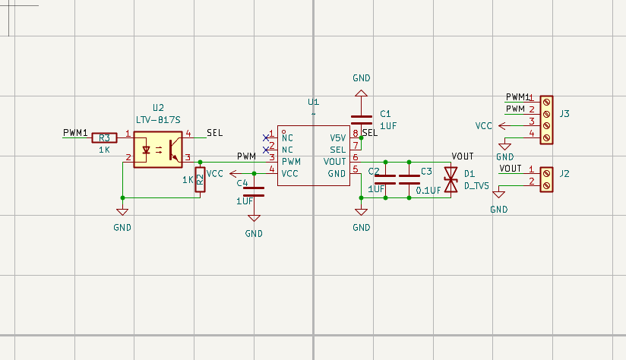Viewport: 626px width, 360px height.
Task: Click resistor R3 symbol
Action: coord(104,137)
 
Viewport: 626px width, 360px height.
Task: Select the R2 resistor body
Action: coord(200,181)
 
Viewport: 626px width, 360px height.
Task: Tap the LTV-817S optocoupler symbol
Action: coord(158,149)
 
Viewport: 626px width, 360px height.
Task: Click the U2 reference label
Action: coord(158,108)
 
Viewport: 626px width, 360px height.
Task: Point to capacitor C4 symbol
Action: coord(254,190)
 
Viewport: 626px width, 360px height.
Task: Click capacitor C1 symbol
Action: coord(362,119)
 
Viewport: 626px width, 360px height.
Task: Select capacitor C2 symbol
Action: coord(385,179)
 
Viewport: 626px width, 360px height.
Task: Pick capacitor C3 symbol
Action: coord(409,179)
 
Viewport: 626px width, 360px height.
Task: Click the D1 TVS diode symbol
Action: coord(451,180)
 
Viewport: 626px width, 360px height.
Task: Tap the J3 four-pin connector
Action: coord(545,120)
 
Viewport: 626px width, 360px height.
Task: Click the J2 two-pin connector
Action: coord(545,180)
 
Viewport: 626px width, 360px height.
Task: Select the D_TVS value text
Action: coord(476,185)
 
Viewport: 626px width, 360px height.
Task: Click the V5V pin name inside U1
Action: coord(337,138)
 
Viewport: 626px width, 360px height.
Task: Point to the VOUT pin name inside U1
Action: coord(335,162)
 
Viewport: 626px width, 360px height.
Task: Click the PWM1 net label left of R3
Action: coord(75,132)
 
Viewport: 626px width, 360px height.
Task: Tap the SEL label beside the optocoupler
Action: coord(214,133)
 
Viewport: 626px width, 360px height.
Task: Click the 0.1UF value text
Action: coord(428,190)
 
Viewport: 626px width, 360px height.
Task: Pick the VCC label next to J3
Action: coord(484,125)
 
